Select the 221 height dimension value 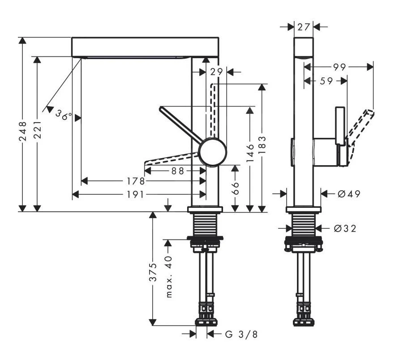click(x=37, y=131)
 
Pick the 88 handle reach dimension click(x=178, y=171)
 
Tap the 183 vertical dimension click(x=262, y=145)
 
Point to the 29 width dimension click(x=216, y=71)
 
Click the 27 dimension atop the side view click(x=304, y=27)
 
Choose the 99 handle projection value click(x=339, y=67)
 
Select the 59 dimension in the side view click(x=326, y=81)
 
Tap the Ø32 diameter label click(x=345, y=228)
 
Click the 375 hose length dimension click(x=153, y=272)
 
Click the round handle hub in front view click(x=213, y=152)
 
